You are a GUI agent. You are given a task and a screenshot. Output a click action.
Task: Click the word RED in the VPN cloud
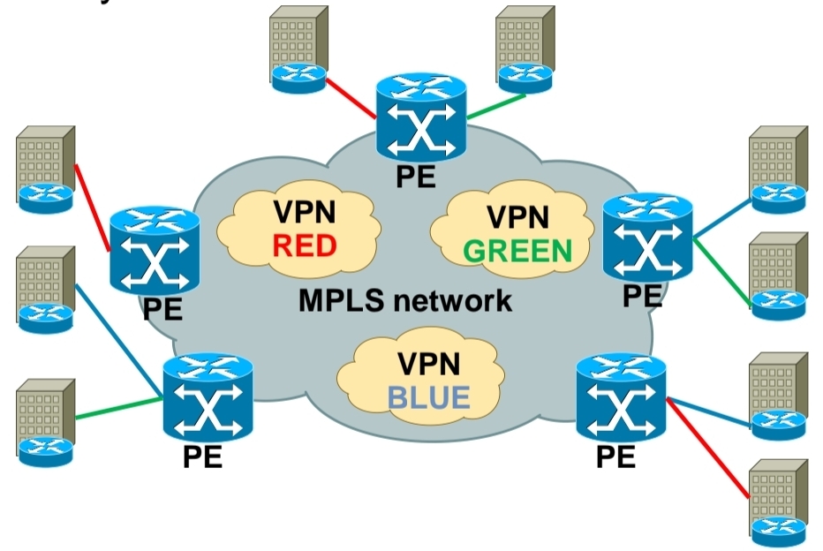pos(305,245)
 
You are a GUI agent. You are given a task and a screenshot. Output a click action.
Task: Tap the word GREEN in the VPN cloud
pos(518,250)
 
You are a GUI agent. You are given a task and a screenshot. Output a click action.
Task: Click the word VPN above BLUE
pos(429,364)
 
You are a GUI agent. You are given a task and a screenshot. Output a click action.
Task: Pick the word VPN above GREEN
pos(518,216)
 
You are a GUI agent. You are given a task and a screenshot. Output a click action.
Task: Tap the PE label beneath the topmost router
pos(414,175)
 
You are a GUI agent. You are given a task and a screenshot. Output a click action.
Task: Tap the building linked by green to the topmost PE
pos(525,49)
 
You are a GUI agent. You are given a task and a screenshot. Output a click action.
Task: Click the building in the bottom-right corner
pos(777,498)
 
